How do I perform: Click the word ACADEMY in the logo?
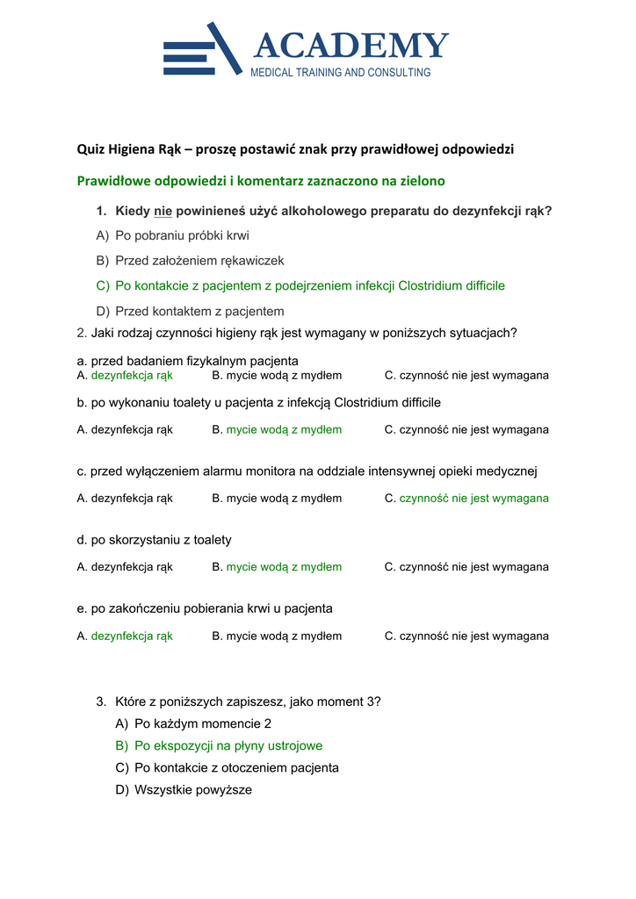click(x=351, y=46)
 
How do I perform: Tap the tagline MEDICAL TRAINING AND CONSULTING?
click(x=341, y=73)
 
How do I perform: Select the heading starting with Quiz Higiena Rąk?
click(x=295, y=149)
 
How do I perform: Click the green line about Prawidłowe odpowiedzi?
click(x=261, y=182)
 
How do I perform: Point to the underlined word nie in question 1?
click(x=162, y=212)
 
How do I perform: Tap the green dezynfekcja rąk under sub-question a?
click(x=132, y=376)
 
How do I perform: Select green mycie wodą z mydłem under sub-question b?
click(x=284, y=430)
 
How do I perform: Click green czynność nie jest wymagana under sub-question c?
click(x=473, y=499)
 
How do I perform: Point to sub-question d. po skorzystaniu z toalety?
click(x=155, y=540)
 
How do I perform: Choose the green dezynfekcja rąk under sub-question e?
click(x=132, y=636)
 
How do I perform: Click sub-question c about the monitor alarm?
click(x=307, y=471)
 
